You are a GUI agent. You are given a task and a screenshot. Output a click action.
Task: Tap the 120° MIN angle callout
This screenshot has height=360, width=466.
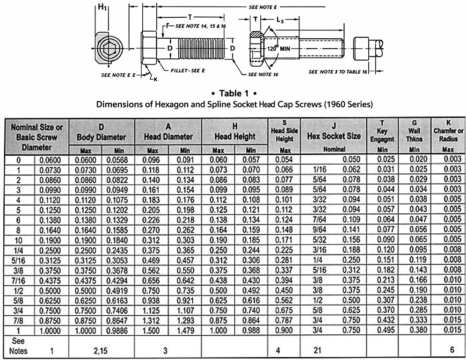(x=279, y=48)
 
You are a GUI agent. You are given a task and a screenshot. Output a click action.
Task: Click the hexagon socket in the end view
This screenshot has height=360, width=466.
(x=111, y=49)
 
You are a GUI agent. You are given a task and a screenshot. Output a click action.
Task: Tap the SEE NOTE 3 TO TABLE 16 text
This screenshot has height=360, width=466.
(x=338, y=72)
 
